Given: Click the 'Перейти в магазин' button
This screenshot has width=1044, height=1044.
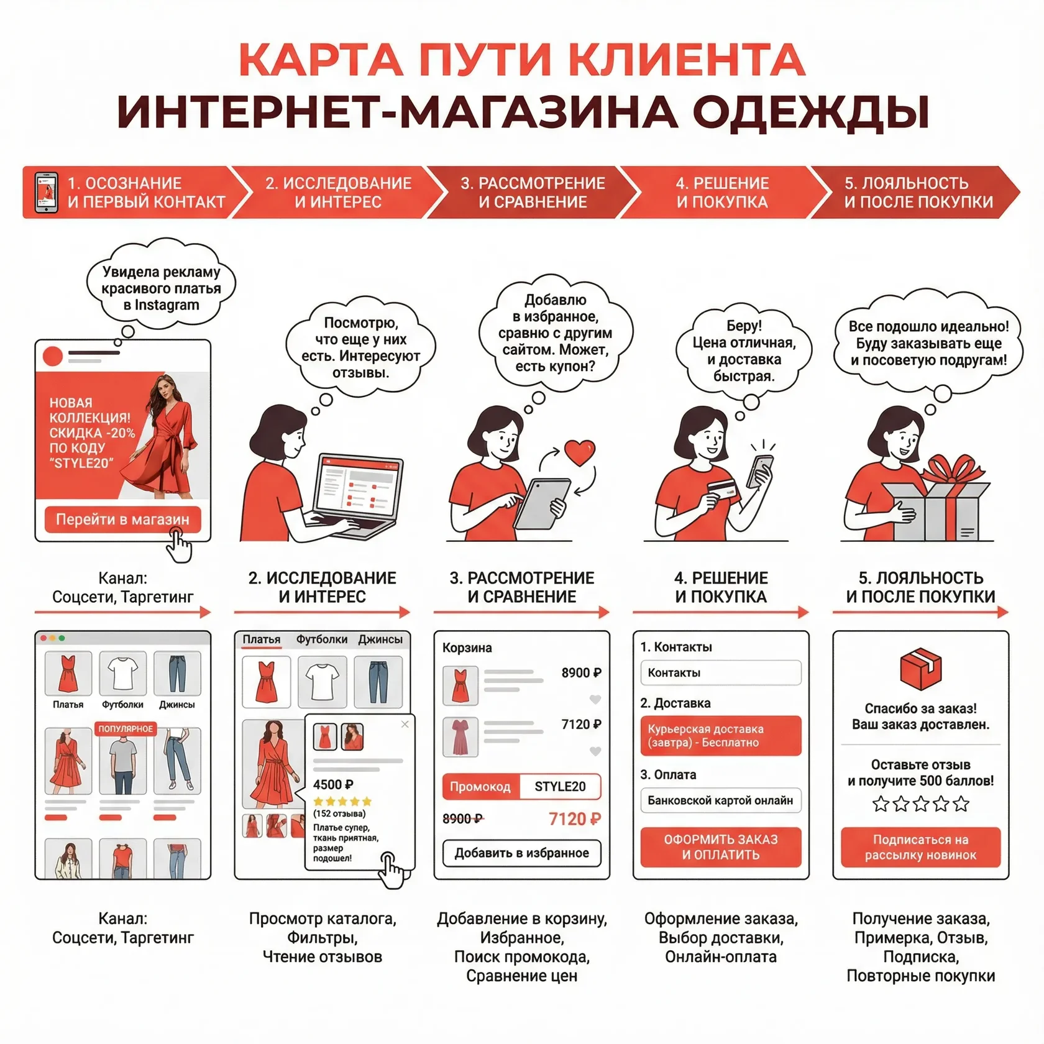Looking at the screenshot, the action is pyautogui.click(x=122, y=520).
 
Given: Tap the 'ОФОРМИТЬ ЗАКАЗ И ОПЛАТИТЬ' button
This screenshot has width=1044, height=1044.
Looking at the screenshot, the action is pyautogui.click(x=721, y=847).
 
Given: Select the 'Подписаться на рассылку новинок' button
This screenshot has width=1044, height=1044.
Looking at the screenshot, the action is pyautogui.click(x=920, y=847).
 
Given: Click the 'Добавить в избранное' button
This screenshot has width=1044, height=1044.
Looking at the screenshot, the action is pyautogui.click(x=522, y=853).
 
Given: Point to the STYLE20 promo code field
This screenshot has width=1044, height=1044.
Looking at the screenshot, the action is pyautogui.click(x=560, y=787).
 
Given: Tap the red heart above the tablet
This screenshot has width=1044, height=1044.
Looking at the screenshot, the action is pyautogui.click(x=580, y=452).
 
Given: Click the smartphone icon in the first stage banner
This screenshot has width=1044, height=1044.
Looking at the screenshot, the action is pyautogui.click(x=46, y=192).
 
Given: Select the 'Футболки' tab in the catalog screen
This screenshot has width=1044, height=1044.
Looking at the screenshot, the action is pyautogui.click(x=322, y=639).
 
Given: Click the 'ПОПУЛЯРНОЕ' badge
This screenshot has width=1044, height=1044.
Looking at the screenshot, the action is pyautogui.click(x=126, y=728).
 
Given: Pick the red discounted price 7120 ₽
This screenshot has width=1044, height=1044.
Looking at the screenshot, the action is pyautogui.click(x=575, y=819).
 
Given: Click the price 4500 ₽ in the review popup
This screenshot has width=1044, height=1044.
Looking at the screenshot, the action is pyautogui.click(x=333, y=784).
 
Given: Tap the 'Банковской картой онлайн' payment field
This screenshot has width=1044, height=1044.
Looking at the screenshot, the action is pyautogui.click(x=721, y=800).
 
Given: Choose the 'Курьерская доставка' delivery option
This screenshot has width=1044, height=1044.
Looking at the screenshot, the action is pyautogui.click(x=721, y=736).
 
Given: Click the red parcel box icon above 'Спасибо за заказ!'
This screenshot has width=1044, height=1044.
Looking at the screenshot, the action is pyautogui.click(x=920, y=669).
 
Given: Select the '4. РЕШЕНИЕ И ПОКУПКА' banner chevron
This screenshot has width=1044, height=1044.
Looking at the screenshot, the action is pyautogui.click(x=722, y=192).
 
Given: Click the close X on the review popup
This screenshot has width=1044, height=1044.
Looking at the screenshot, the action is pyautogui.click(x=405, y=724).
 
